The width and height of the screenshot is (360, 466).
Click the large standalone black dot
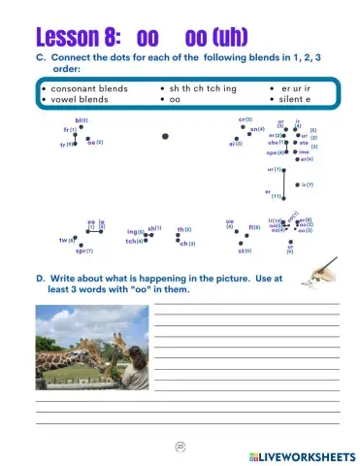coord(166,137)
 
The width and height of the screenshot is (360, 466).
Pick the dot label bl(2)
coord(82,120)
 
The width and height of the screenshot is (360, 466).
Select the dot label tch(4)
coord(135,241)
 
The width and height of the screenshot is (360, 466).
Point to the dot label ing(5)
coord(135,232)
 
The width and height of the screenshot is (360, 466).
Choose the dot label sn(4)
coord(257,129)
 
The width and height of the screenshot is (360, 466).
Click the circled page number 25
coord(180,445)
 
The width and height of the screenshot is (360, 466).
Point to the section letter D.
coord(41,279)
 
